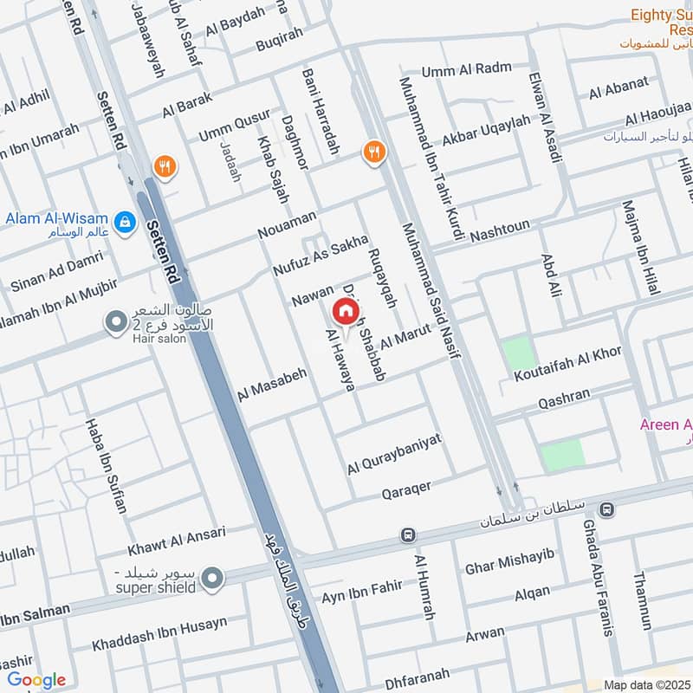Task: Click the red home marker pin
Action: [345, 310]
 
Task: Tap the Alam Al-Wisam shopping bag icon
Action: [126, 221]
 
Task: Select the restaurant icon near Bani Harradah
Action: [374, 152]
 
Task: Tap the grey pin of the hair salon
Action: [115, 323]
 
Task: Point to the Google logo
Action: [36, 680]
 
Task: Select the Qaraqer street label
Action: [406, 490]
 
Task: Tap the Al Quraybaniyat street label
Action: [394, 454]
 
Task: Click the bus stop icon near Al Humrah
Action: [407, 535]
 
